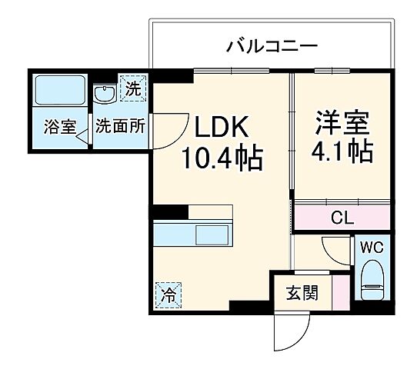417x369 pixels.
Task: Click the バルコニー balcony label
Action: pos(271,47)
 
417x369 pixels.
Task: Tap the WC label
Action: pos(372,248)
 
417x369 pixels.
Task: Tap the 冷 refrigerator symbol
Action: pos(167,294)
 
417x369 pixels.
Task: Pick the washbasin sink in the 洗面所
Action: pos(103,93)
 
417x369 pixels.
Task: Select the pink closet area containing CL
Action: pos(342,218)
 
